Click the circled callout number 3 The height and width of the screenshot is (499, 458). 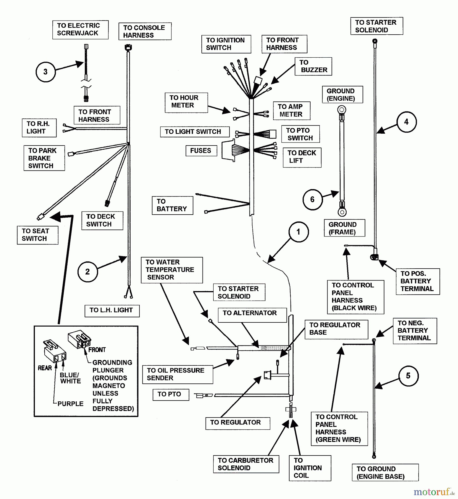[45, 72]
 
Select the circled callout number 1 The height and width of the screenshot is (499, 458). [298, 232]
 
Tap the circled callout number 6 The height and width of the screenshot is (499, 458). [312, 199]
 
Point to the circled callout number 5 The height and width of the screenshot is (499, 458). [408, 376]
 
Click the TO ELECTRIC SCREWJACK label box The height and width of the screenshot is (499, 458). [80, 30]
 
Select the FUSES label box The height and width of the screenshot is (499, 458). [201, 151]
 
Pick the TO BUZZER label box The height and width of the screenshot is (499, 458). [313, 66]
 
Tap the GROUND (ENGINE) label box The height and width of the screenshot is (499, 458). [342, 95]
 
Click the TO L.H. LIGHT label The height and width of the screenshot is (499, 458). [112, 310]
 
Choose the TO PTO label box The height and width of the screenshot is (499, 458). [171, 394]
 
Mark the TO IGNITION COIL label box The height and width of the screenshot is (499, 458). [310, 468]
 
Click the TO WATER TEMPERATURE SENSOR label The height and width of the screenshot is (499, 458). [172, 270]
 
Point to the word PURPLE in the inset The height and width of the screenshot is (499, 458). [70, 404]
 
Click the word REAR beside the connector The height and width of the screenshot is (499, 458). [45, 368]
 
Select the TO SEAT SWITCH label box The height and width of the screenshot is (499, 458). [37, 235]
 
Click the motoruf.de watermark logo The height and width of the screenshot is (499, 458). [434, 492]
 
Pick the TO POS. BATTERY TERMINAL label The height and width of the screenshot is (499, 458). [418, 281]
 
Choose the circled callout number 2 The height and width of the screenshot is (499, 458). [88, 272]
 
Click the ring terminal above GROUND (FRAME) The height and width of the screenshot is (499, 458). [342, 212]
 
